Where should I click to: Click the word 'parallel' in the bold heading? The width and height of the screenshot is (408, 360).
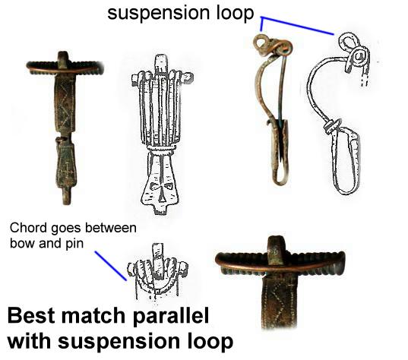(171, 315)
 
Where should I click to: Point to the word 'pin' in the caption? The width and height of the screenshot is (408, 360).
(74, 244)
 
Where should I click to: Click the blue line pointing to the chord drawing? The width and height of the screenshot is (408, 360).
(111, 266)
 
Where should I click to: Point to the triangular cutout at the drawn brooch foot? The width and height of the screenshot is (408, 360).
(163, 197)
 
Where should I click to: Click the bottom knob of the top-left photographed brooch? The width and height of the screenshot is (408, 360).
(68, 197)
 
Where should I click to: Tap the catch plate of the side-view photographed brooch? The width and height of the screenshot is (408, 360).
(280, 151)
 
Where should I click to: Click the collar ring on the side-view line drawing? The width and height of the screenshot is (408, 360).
(332, 126)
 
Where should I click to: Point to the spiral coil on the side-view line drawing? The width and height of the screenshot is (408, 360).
(359, 58)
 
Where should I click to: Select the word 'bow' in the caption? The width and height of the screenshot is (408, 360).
(21, 244)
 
